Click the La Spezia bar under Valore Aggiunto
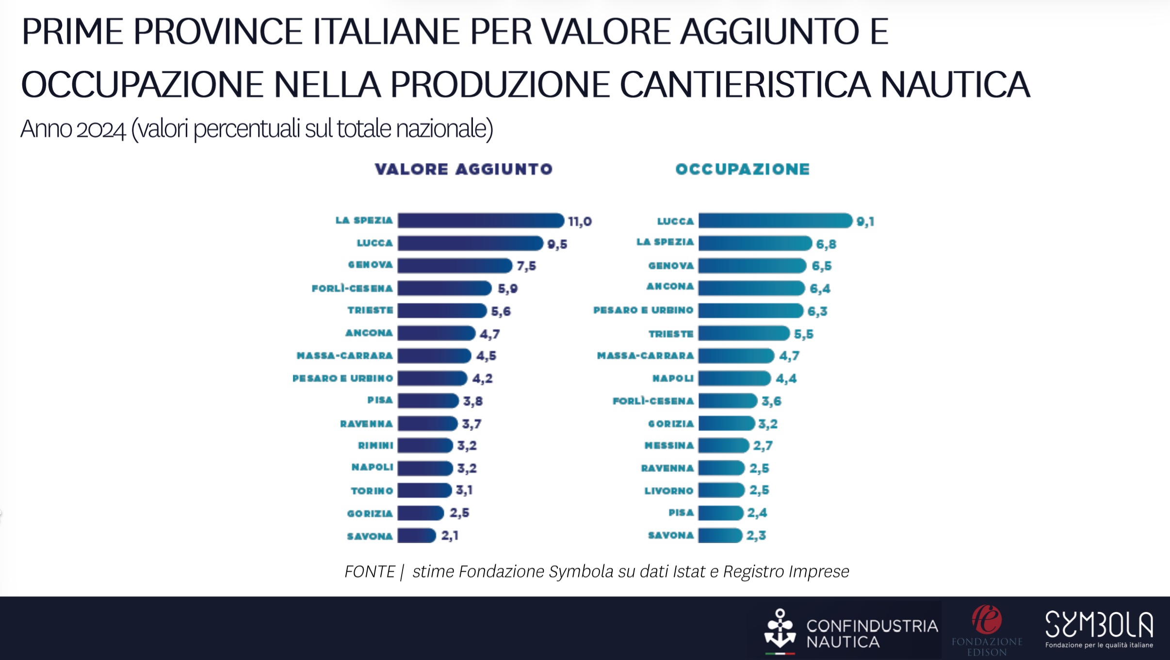click(x=480, y=221)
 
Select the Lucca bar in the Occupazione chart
click(x=775, y=221)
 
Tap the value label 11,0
click(x=580, y=222)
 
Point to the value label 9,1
click(x=865, y=222)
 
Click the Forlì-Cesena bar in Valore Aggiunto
click(x=444, y=288)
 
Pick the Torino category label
click(x=372, y=491)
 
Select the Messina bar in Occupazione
click(x=723, y=445)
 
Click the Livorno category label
click(x=668, y=491)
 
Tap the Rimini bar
click(x=425, y=445)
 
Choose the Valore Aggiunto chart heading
click(x=464, y=169)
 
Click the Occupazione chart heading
click(x=743, y=169)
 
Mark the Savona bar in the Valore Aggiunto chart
click(x=416, y=536)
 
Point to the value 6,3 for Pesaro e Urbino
click(x=817, y=311)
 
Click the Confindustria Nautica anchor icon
click(x=780, y=629)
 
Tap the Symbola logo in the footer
click(x=1099, y=629)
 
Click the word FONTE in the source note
click(x=370, y=572)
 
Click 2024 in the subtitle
click(x=101, y=129)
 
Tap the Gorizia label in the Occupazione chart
click(x=671, y=424)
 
